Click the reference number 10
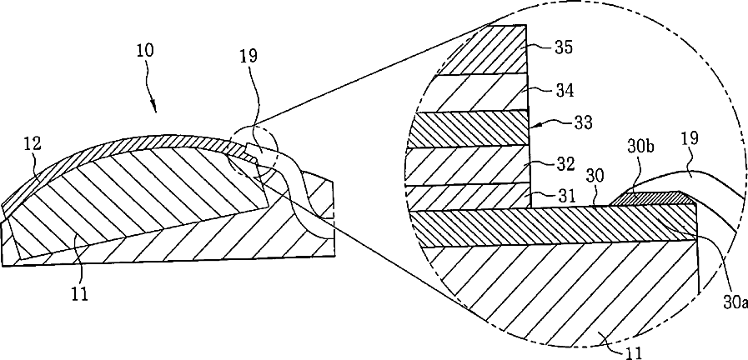pyautogui.click(x=144, y=50)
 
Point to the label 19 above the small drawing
pyautogui.click(x=248, y=57)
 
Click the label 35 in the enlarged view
pyautogui.click(x=564, y=47)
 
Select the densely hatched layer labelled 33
pyautogui.click(x=471, y=129)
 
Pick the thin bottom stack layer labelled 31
pyautogui.click(x=471, y=197)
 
